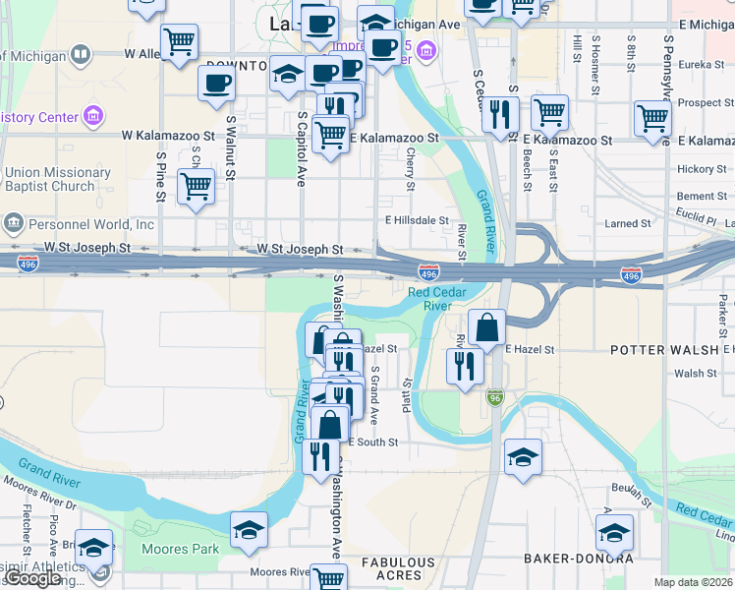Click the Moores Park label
[x=180, y=549]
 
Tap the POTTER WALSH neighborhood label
[x=666, y=350]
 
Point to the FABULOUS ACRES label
[x=398, y=568]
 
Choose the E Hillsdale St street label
[x=417, y=220]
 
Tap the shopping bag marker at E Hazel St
[x=486, y=326]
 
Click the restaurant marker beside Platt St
[x=465, y=367]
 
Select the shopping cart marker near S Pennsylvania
[x=652, y=118]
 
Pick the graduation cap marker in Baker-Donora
[x=613, y=534]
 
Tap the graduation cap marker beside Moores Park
[x=250, y=529]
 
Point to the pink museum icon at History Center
[x=93, y=117]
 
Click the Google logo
[x=34, y=579]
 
